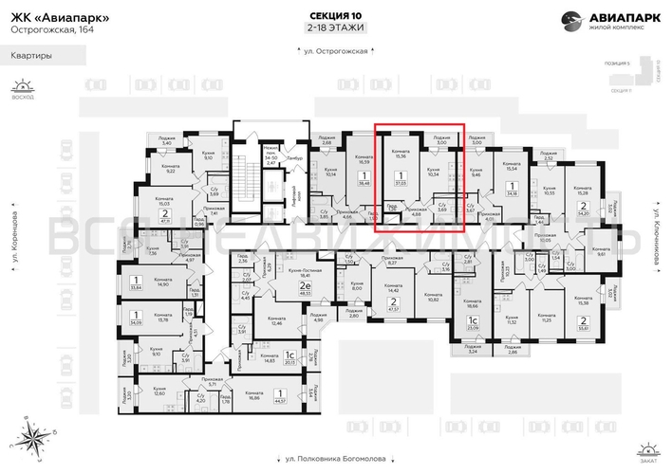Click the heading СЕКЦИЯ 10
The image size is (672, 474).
pos(336,15)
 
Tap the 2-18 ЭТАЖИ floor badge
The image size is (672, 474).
pos(336,28)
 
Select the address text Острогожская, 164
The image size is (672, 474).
pos(47,29)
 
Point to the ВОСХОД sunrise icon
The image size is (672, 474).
pos(16,89)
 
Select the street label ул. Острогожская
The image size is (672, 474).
pos(336,76)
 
